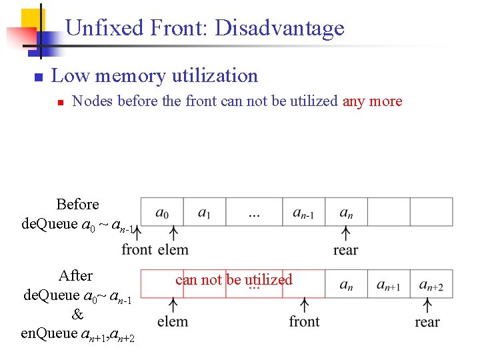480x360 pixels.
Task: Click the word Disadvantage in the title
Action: [x=279, y=28]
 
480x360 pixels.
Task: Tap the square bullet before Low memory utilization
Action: [x=38, y=77]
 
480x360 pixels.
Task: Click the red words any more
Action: [x=372, y=101]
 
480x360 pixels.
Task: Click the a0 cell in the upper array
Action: [x=162, y=213]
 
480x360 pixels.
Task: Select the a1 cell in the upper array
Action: [x=204, y=213]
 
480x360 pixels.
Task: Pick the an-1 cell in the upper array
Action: [x=303, y=213]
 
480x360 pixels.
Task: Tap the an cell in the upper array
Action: [x=346, y=213]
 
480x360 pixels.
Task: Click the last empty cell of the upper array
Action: [x=431, y=212]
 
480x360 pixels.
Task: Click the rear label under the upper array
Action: [x=345, y=250]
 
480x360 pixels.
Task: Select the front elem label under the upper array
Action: [x=155, y=249]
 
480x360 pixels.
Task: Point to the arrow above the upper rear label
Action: [x=345, y=234]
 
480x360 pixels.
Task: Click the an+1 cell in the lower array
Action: [x=388, y=285]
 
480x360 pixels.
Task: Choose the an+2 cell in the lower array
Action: [x=431, y=285]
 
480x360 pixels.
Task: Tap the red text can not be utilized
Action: [x=233, y=279]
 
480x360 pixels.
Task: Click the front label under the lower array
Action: [x=304, y=321]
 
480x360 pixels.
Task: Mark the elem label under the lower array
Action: [x=173, y=321]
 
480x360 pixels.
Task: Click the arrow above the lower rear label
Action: [x=427, y=305]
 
